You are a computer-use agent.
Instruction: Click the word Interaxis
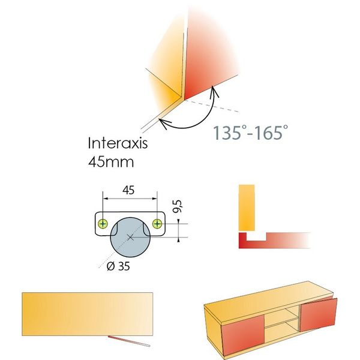[x=117, y=143]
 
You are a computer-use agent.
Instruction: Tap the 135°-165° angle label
[x=247, y=133]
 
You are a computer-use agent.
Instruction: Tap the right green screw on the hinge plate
[x=157, y=224]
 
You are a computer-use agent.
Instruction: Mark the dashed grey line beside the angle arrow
[x=225, y=110]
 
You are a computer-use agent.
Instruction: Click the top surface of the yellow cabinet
[x=270, y=298]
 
